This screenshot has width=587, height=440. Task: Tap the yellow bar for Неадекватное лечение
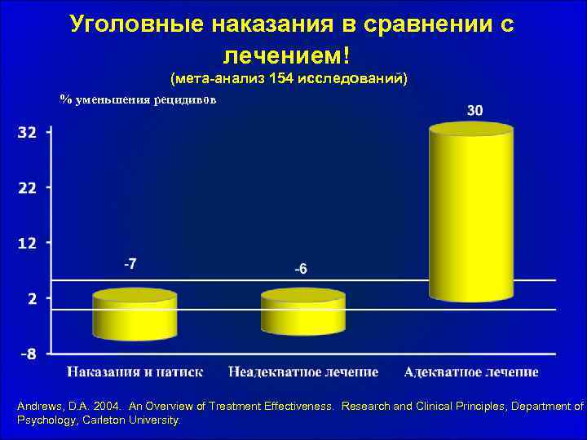click(x=302, y=313)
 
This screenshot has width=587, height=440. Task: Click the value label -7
click(x=130, y=264)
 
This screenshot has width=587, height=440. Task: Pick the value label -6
click(x=300, y=269)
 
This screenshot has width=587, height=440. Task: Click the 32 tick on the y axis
click(x=27, y=133)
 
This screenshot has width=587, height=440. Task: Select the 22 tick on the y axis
click(x=27, y=187)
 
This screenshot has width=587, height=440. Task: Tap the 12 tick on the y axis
click(x=27, y=243)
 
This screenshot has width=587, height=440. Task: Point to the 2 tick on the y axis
click(x=32, y=298)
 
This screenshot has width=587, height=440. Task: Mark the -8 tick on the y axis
click(x=27, y=354)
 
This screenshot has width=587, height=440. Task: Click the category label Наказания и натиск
click(x=135, y=372)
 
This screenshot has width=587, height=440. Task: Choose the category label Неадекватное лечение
click(x=303, y=372)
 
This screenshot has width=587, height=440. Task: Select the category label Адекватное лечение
click(x=471, y=372)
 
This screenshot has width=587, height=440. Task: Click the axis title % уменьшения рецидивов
click(x=139, y=99)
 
